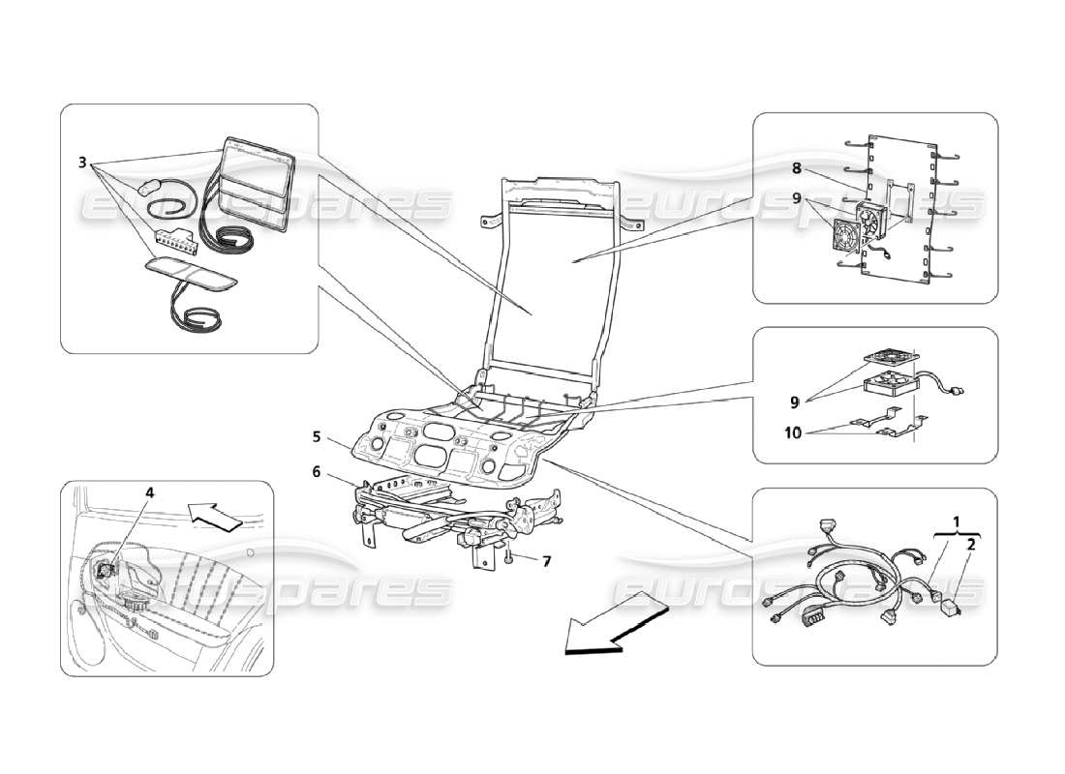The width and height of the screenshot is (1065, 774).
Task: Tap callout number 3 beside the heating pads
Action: [82, 162]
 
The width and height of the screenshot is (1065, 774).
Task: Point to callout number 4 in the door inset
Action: [149, 491]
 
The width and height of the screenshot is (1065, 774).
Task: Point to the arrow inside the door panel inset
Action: [215, 518]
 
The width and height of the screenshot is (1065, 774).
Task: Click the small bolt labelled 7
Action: [507, 556]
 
